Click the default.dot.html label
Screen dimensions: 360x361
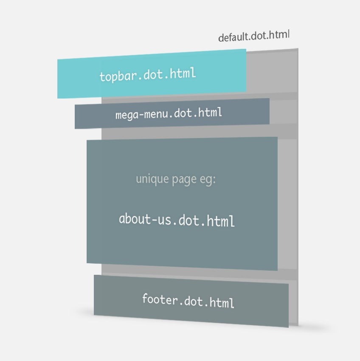[254, 36]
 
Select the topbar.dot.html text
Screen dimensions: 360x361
[148, 75]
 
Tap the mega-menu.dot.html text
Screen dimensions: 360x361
[169, 113]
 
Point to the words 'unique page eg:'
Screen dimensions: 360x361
[176, 179]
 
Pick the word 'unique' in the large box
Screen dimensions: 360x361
[152, 179]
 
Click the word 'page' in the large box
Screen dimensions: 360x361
[184, 180]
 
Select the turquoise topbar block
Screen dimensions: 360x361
[152, 73]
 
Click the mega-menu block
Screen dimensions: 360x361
[172, 113]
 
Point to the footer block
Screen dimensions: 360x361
[191, 301]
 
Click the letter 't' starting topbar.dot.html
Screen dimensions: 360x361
[102, 77]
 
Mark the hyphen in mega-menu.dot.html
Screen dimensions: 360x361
[141, 114]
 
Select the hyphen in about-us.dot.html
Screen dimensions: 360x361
[154, 219]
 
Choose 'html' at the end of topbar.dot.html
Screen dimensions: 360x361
[183, 73]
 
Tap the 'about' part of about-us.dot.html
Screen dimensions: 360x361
[135, 218]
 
